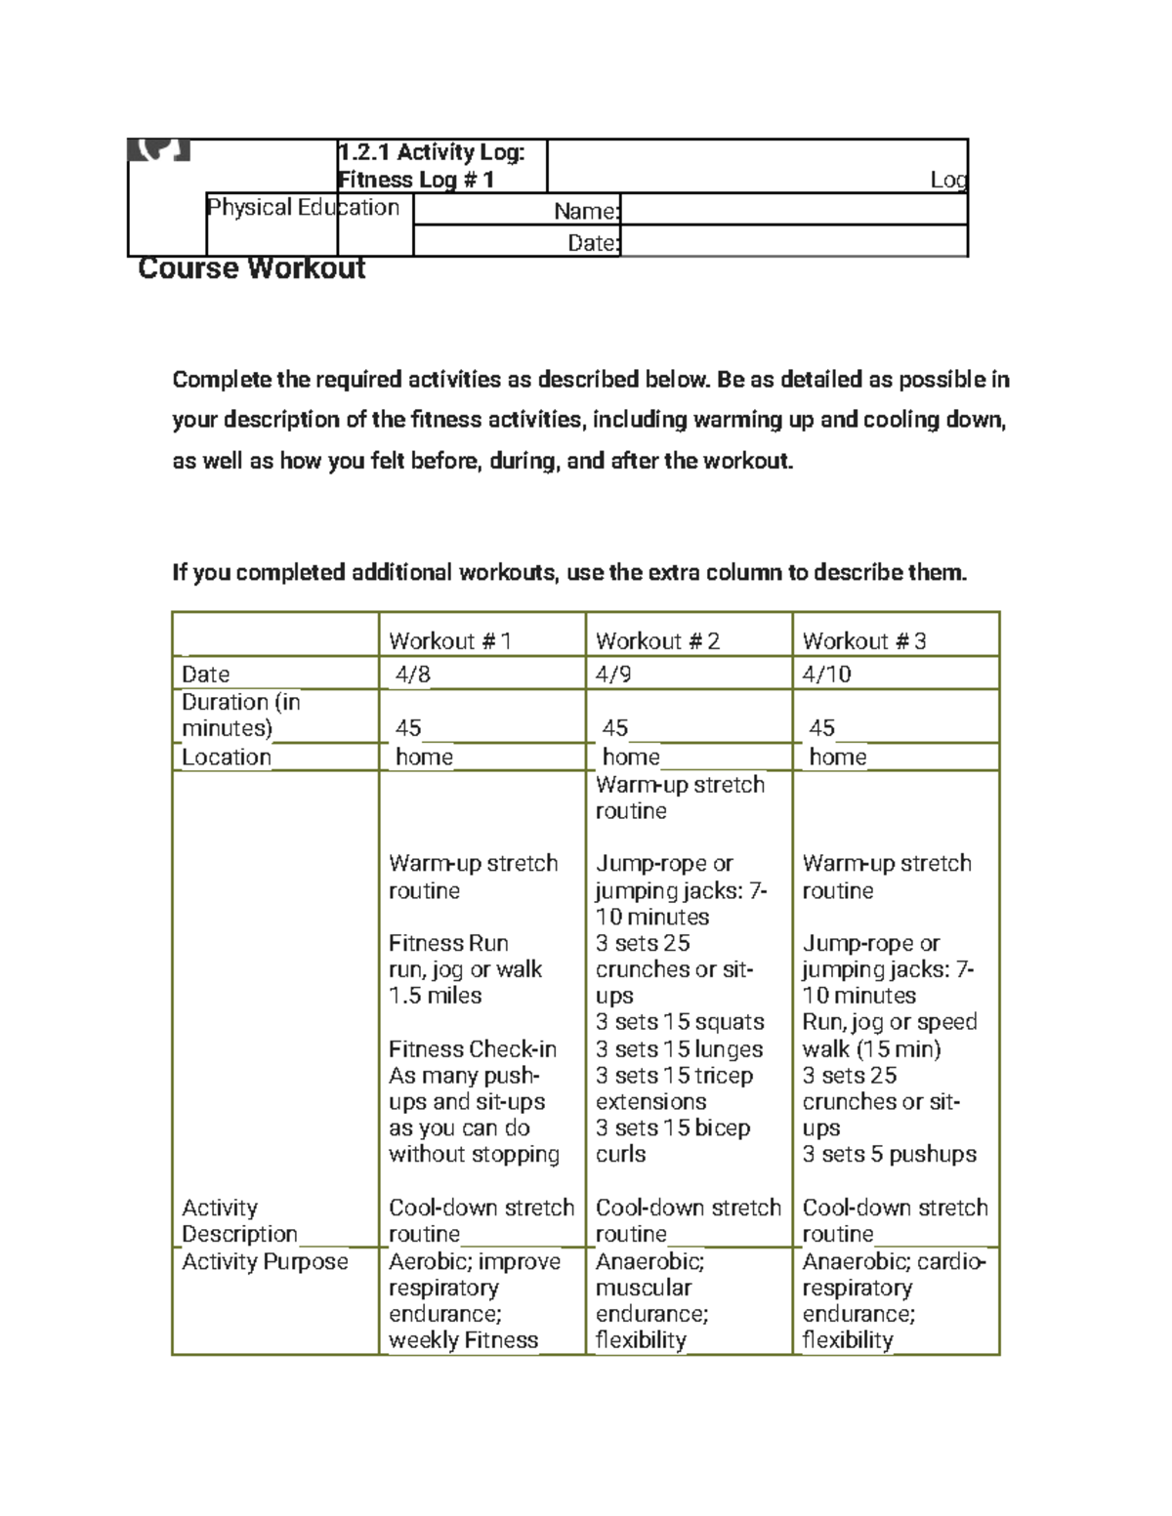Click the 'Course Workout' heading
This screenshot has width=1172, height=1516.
coord(252,268)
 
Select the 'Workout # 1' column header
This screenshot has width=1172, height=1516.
coord(449,641)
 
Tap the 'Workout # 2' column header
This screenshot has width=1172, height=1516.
coord(657,641)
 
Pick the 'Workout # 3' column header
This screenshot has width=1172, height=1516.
coord(864,641)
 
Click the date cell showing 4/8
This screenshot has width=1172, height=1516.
coord(412,675)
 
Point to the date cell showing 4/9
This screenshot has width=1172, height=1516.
coord(614,675)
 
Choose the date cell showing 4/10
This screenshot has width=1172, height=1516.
coord(826,675)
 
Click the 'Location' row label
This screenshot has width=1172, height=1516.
coord(227,758)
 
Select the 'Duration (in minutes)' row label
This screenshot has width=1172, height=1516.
coord(240,716)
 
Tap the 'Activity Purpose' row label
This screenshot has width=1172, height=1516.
coord(265,1262)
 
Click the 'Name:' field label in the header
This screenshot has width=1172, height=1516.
coord(586,211)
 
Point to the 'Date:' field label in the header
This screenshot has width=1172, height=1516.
coord(593,243)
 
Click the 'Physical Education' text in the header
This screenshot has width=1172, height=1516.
coord(303,208)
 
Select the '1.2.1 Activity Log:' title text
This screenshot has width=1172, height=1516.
coord(431,152)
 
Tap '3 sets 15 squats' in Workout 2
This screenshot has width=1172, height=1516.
coord(680,1022)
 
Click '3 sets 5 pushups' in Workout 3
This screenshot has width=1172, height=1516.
coord(889,1155)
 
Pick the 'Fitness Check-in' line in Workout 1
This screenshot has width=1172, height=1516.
coord(473,1049)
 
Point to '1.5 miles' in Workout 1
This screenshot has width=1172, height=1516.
coord(435,997)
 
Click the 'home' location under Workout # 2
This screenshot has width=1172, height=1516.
coord(631,758)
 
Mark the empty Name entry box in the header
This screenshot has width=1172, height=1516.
coord(793,211)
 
